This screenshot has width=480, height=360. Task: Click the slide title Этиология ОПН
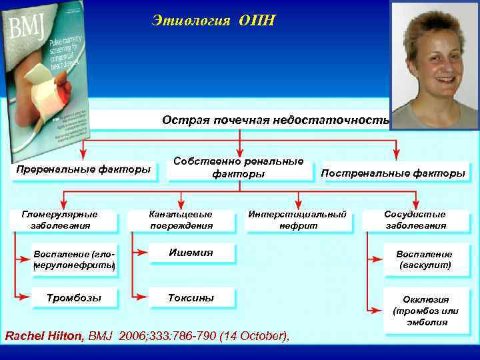[x=213, y=21]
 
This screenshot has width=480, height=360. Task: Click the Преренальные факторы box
[x=83, y=170]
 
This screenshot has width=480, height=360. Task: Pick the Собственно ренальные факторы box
[x=239, y=167]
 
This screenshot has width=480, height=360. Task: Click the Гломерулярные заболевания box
[x=60, y=220]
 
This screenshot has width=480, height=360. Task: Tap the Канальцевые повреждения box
[x=181, y=220]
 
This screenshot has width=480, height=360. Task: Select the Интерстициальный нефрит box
[x=297, y=220]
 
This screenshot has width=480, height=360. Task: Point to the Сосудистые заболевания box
[x=415, y=220]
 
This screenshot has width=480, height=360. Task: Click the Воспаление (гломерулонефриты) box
[x=74, y=260]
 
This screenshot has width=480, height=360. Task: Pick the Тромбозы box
[x=73, y=298]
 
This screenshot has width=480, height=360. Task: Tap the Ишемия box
[x=191, y=253]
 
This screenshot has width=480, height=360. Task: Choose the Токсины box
[x=191, y=298]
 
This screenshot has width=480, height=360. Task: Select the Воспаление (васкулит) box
[x=424, y=259]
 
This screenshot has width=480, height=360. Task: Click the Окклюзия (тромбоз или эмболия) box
[x=425, y=311]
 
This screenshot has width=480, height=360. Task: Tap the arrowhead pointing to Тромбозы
[x=25, y=297]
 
